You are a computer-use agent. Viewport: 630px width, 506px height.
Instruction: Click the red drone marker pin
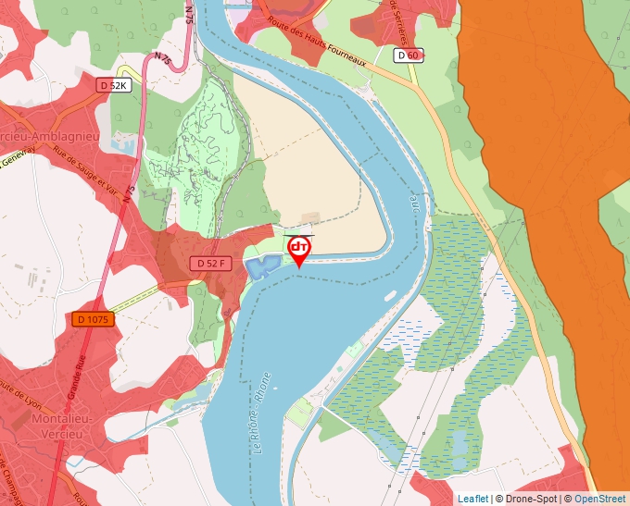(299, 251)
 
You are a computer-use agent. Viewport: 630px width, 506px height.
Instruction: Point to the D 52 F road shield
(210, 264)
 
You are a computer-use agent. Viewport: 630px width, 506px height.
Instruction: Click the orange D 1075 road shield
(93, 319)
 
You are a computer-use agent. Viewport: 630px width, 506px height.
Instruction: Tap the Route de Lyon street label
(19, 399)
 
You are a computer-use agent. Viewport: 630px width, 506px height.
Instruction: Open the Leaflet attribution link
(472, 499)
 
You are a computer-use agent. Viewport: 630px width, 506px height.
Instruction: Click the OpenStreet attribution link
(600, 499)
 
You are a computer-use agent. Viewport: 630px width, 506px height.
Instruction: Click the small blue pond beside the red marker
(262, 268)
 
